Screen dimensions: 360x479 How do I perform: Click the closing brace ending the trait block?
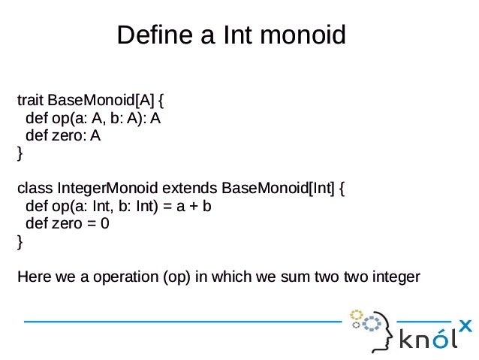point(20,154)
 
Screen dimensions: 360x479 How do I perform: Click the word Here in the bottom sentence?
point(35,277)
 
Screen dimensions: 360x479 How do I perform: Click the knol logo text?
point(426,339)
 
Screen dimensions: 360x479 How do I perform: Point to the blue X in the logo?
point(465,326)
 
